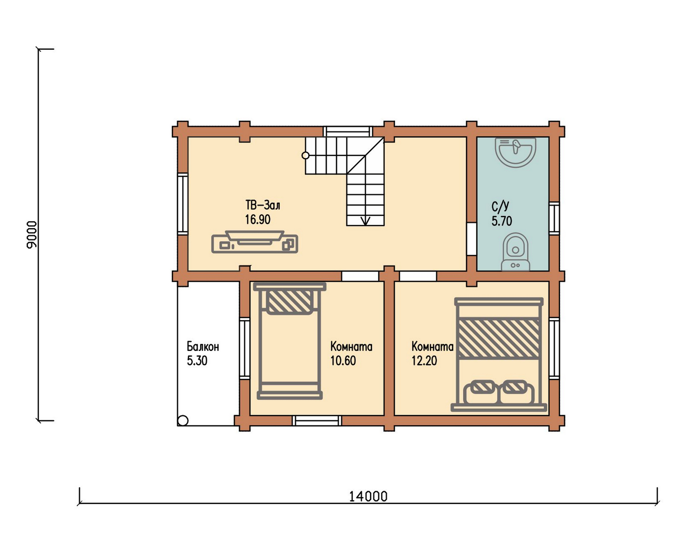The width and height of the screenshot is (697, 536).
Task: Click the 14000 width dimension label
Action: pyautogui.click(x=368, y=496)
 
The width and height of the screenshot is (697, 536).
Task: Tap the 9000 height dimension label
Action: pyautogui.click(x=32, y=234)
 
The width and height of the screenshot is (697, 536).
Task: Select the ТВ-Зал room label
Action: pyautogui.click(x=263, y=205)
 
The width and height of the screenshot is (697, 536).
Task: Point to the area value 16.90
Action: pyautogui.click(x=257, y=219)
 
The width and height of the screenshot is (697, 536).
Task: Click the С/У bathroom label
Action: pyautogui.click(x=500, y=207)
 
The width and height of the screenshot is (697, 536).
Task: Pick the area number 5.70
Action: pyautogui.click(x=502, y=221)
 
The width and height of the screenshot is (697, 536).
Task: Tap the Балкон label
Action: pyautogui.click(x=203, y=346)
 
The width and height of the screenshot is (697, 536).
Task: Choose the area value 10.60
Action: pyautogui.click(x=343, y=361)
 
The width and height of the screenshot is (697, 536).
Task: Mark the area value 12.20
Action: pyautogui.click(x=424, y=361)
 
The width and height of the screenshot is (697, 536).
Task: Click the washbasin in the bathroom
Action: pyautogui.click(x=515, y=152)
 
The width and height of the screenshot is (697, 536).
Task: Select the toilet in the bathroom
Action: pyautogui.click(x=515, y=252)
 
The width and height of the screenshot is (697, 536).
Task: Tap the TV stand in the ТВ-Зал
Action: pyautogui.click(x=255, y=242)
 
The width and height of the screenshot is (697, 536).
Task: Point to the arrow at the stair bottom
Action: pyautogui.click(x=366, y=220)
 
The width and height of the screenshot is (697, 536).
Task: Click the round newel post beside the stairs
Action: pyautogui.click(x=305, y=156)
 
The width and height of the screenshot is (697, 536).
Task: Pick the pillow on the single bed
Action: pyautogui.click(x=289, y=302)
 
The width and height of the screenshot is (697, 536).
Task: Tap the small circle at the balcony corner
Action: pyautogui.click(x=183, y=421)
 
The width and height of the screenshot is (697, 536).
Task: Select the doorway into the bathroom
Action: pyautogui.click(x=471, y=239)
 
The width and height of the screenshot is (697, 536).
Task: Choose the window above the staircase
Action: pyautogui.click(x=348, y=132)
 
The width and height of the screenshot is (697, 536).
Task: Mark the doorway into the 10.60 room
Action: pyautogui.click(x=360, y=276)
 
